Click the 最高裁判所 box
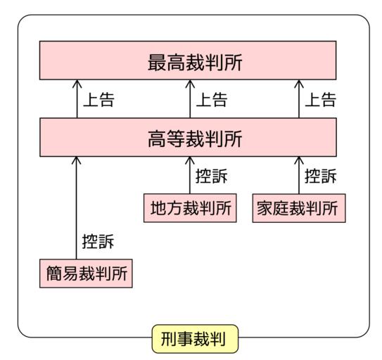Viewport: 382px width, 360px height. pyautogui.click(x=188, y=60)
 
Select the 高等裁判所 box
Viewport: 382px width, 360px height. pyautogui.click(x=188, y=137)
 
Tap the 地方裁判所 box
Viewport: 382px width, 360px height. pyautogui.click(x=190, y=208)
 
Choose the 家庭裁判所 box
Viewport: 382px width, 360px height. pyautogui.click(x=299, y=208)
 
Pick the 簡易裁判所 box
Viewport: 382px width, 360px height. pyautogui.click(x=86, y=274)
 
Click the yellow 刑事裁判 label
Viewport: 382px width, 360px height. pyautogui.click(x=195, y=339)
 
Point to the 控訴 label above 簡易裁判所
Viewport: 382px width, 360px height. pyautogui.click(x=98, y=242)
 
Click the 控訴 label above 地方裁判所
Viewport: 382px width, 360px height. pyautogui.click(x=212, y=176)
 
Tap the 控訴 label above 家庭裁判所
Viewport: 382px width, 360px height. pyautogui.click(x=321, y=176)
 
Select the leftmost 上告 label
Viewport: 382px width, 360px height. pyautogui.click(x=98, y=100)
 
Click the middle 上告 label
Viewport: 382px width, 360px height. pyautogui.click(x=212, y=100)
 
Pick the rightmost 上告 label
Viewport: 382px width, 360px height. pyautogui.click(x=321, y=100)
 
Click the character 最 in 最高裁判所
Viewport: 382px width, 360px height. pyautogui.click(x=157, y=63)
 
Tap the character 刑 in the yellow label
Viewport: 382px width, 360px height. pyautogui.click(x=169, y=339)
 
